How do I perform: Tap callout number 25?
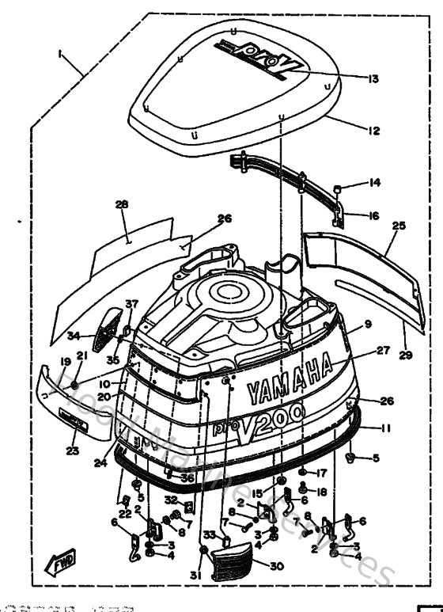click(398, 226)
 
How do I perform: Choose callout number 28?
click(121, 205)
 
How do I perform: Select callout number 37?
click(131, 304)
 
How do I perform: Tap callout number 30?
click(275, 566)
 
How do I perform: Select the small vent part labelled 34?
click(104, 336)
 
